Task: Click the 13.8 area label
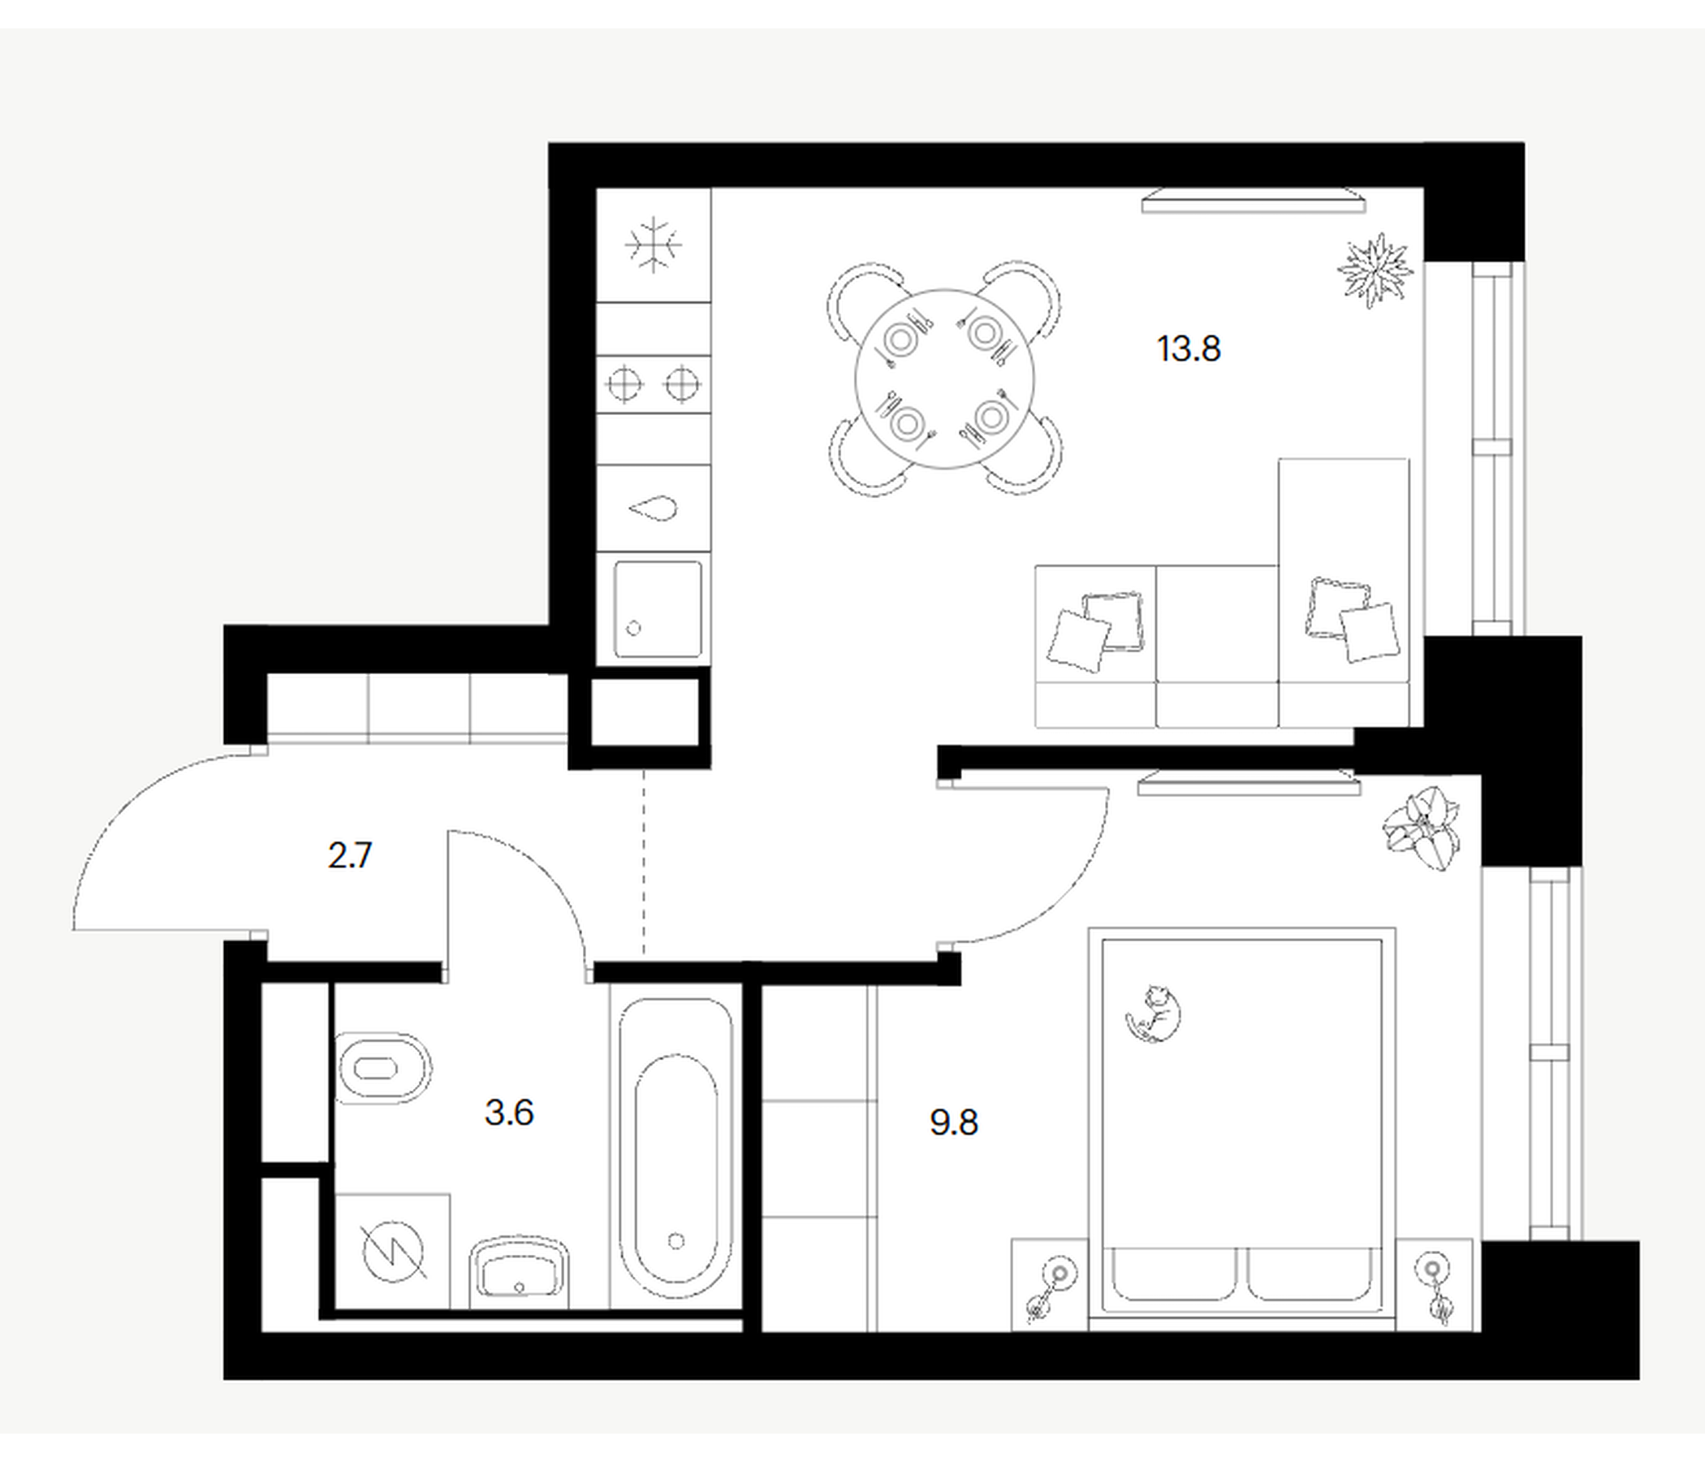click(1189, 349)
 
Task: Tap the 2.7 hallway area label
click(350, 855)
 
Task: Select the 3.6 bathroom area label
click(509, 1113)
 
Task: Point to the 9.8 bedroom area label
click(954, 1122)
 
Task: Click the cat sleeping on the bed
click(1154, 1014)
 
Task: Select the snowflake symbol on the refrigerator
click(654, 244)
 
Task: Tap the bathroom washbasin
click(520, 1273)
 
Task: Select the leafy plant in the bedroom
click(1421, 827)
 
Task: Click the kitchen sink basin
click(658, 609)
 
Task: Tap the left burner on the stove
click(624, 383)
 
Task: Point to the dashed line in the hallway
click(645, 862)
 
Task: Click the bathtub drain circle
click(676, 1240)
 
